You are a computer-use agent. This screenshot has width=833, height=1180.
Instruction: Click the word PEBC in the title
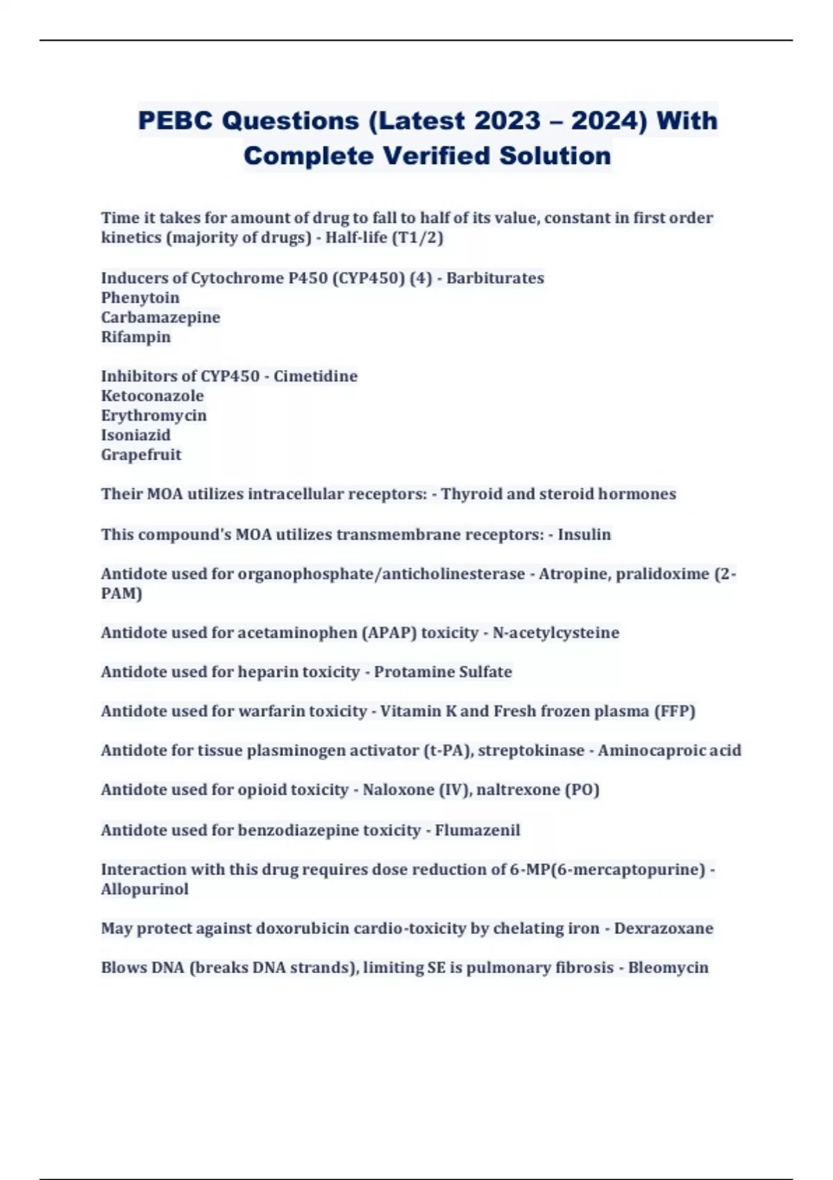pyautogui.click(x=175, y=121)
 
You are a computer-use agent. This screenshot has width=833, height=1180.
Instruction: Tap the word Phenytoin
pyautogui.click(x=140, y=298)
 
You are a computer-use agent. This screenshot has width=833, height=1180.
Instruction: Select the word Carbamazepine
pyautogui.click(x=160, y=317)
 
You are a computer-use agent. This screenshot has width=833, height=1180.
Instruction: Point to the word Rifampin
pyautogui.click(x=136, y=337)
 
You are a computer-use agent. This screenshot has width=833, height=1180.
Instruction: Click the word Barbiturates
pyautogui.click(x=495, y=278)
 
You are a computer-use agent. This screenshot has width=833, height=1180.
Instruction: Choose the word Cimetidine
pyautogui.click(x=315, y=376)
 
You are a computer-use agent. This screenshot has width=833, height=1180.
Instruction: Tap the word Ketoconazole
pyautogui.click(x=153, y=396)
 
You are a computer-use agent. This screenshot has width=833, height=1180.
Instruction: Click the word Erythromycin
pyautogui.click(x=154, y=415)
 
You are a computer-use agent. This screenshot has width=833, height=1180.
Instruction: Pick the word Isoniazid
pyautogui.click(x=136, y=435)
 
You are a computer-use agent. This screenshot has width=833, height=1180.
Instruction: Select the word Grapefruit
pyautogui.click(x=141, y=455)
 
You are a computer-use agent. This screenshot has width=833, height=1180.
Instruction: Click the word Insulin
pyautogui.click(x=584, y=534)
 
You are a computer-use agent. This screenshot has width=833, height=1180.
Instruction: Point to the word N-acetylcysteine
pyautogui.click(x=555, y=632)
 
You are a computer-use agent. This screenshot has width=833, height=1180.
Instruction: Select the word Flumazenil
pyautogui.click(x=478, y=830)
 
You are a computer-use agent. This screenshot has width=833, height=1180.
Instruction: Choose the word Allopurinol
pyautogui.click(x=144, y=889)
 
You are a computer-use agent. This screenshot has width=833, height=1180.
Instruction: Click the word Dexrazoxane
pyautogui.click(x=664, y=928)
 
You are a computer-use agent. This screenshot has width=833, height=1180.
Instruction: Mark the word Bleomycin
pyautogui.click(x=668, y=968)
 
